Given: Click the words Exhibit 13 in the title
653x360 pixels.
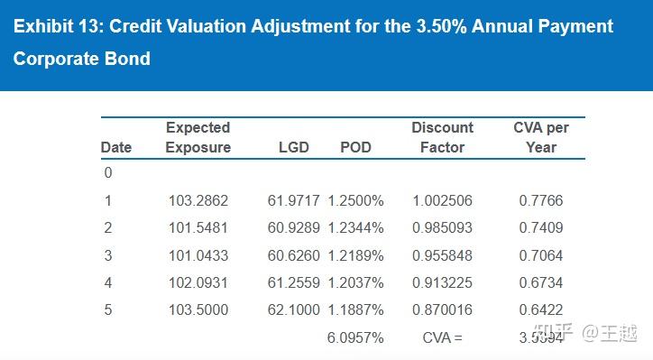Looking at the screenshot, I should (55, 26).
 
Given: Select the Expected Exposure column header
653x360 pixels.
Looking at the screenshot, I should (198, 137).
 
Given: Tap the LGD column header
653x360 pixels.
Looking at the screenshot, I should (293, 147).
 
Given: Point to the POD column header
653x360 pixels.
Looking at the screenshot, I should (355, 147).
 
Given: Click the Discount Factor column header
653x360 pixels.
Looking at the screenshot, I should (442, 137).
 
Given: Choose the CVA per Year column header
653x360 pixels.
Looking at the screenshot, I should (541, 137).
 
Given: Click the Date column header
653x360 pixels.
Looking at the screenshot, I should (115, 147).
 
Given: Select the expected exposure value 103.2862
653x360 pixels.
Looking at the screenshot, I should (198, 200).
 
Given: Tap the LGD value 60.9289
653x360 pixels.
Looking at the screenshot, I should (295, 227).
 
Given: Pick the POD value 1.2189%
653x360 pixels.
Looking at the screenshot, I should (355, 255).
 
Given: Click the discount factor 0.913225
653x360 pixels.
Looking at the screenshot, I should (442, 282).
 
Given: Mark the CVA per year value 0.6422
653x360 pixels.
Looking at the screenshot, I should (541, 309).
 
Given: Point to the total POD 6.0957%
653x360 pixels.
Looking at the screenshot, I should (355, 337).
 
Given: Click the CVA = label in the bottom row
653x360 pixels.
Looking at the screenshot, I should (442, 337).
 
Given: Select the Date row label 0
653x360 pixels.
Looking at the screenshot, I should (107, 173).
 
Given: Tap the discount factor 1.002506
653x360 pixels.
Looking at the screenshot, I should (442, 200).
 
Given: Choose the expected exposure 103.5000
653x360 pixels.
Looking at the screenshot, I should (198, 309).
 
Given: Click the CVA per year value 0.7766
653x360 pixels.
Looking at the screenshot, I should (541, 200).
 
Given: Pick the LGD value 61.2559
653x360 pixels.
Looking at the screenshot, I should (295, 282).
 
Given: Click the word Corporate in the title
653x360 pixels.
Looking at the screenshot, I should (54, 60).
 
